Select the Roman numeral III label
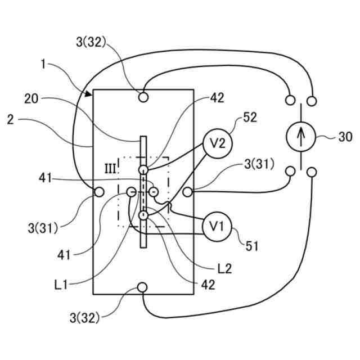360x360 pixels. coord(111,168)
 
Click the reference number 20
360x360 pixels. coord(32,98)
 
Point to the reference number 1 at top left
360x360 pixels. coord(44,64)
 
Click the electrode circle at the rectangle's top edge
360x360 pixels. coord(143,97)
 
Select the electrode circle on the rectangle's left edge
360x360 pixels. coord(99,192)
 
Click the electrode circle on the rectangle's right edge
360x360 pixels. coord(187,192)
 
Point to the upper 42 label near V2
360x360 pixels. coord(217,97)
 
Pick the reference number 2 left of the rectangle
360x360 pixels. coord(10,119)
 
